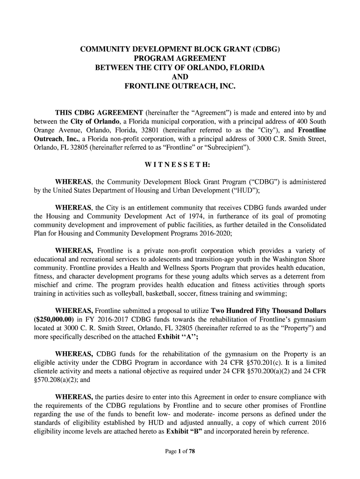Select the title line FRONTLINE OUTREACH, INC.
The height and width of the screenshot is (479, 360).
(x=180, y=87)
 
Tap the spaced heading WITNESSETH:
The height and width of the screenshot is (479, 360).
(x=180, y=165)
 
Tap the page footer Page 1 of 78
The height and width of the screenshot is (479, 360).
(x=180, y=451)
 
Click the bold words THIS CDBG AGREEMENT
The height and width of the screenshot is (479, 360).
(x=99, y=113)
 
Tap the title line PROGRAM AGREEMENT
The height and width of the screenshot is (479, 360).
(x=180, y=58)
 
